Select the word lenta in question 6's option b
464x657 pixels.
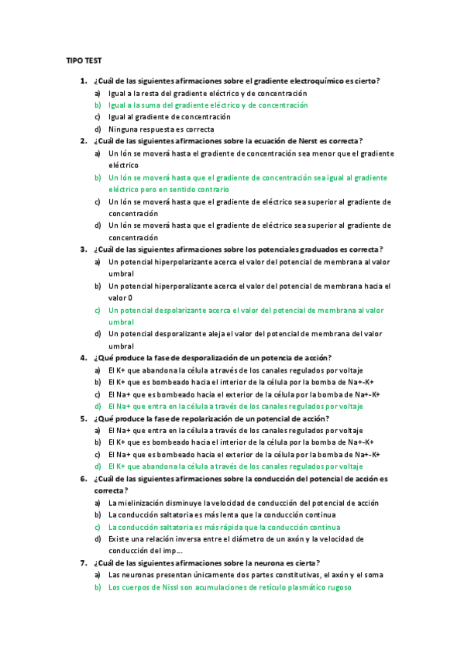tap(234, 514)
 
